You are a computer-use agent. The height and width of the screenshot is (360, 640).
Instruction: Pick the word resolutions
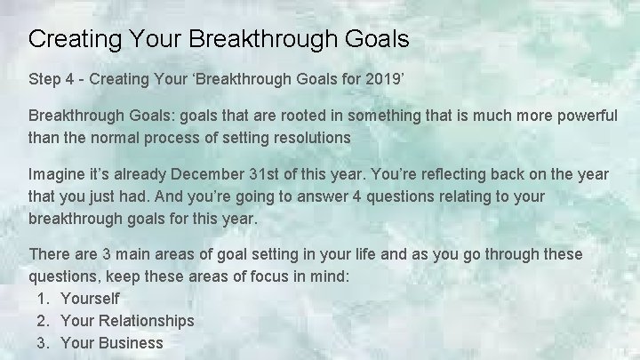pos(306,138)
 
